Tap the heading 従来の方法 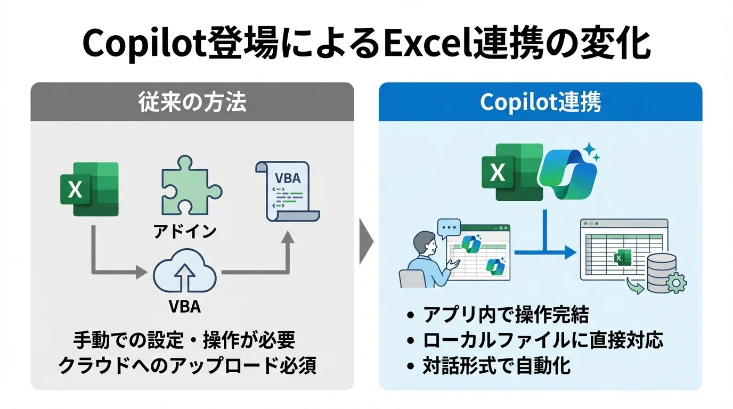192,102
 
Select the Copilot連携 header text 540,102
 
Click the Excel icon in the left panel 89,189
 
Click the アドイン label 185,231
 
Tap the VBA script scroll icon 288,191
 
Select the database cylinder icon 662,272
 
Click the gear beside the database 677,283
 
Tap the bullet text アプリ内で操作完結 506,315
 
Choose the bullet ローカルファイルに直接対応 543,340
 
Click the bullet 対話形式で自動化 496,366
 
